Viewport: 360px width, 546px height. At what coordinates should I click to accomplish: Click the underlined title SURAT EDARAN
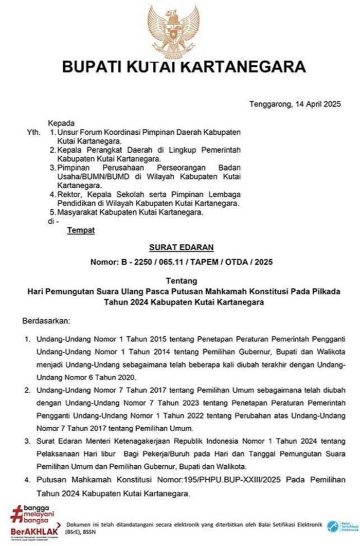[x=180, y=247]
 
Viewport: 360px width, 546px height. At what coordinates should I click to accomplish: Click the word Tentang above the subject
[x=180, y=281]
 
